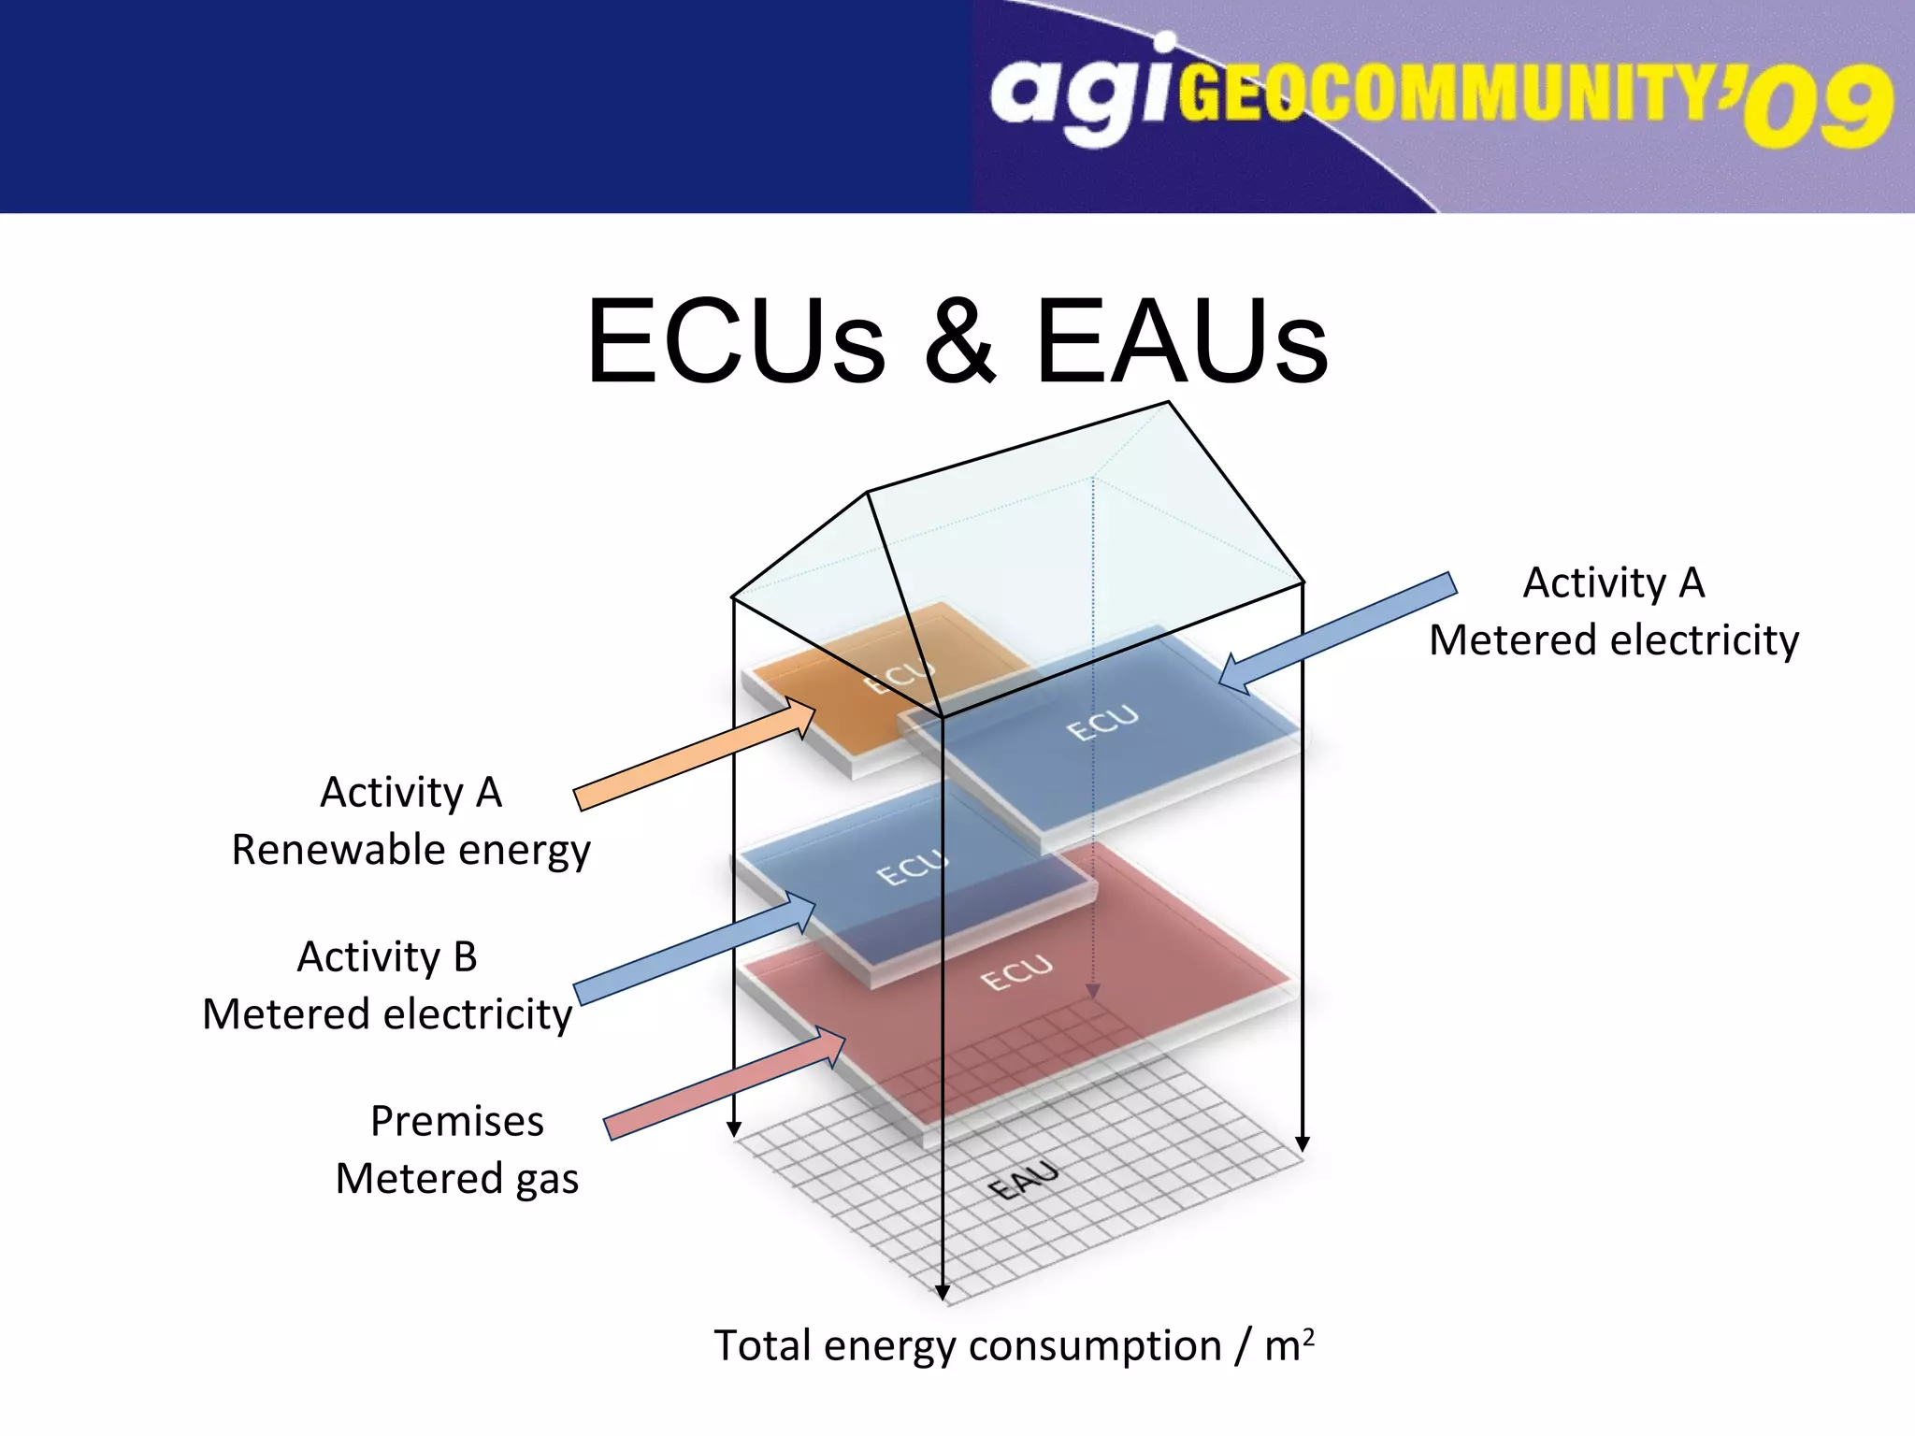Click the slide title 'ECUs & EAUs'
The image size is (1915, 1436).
click(x=957, y=341)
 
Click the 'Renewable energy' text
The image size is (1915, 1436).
click(x=411, y=850)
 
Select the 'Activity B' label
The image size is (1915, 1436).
click(x=387, y=956)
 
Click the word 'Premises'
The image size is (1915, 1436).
click(x=457, y=1121)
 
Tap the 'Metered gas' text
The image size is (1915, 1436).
click(x=457, y=1179)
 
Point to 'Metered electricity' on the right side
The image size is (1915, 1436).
click(x=1614, y=641)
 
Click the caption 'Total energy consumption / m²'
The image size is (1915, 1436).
click(x=1014, y=1346)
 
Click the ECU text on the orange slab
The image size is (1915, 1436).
click(x=899, y=676)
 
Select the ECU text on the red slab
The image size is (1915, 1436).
click(x=1016, y=973)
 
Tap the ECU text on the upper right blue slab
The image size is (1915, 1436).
click(x=1103, y=722)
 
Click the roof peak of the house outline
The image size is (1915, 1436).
click(x=1168, y=403)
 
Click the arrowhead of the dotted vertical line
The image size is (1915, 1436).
click(x=1092, y=991)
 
